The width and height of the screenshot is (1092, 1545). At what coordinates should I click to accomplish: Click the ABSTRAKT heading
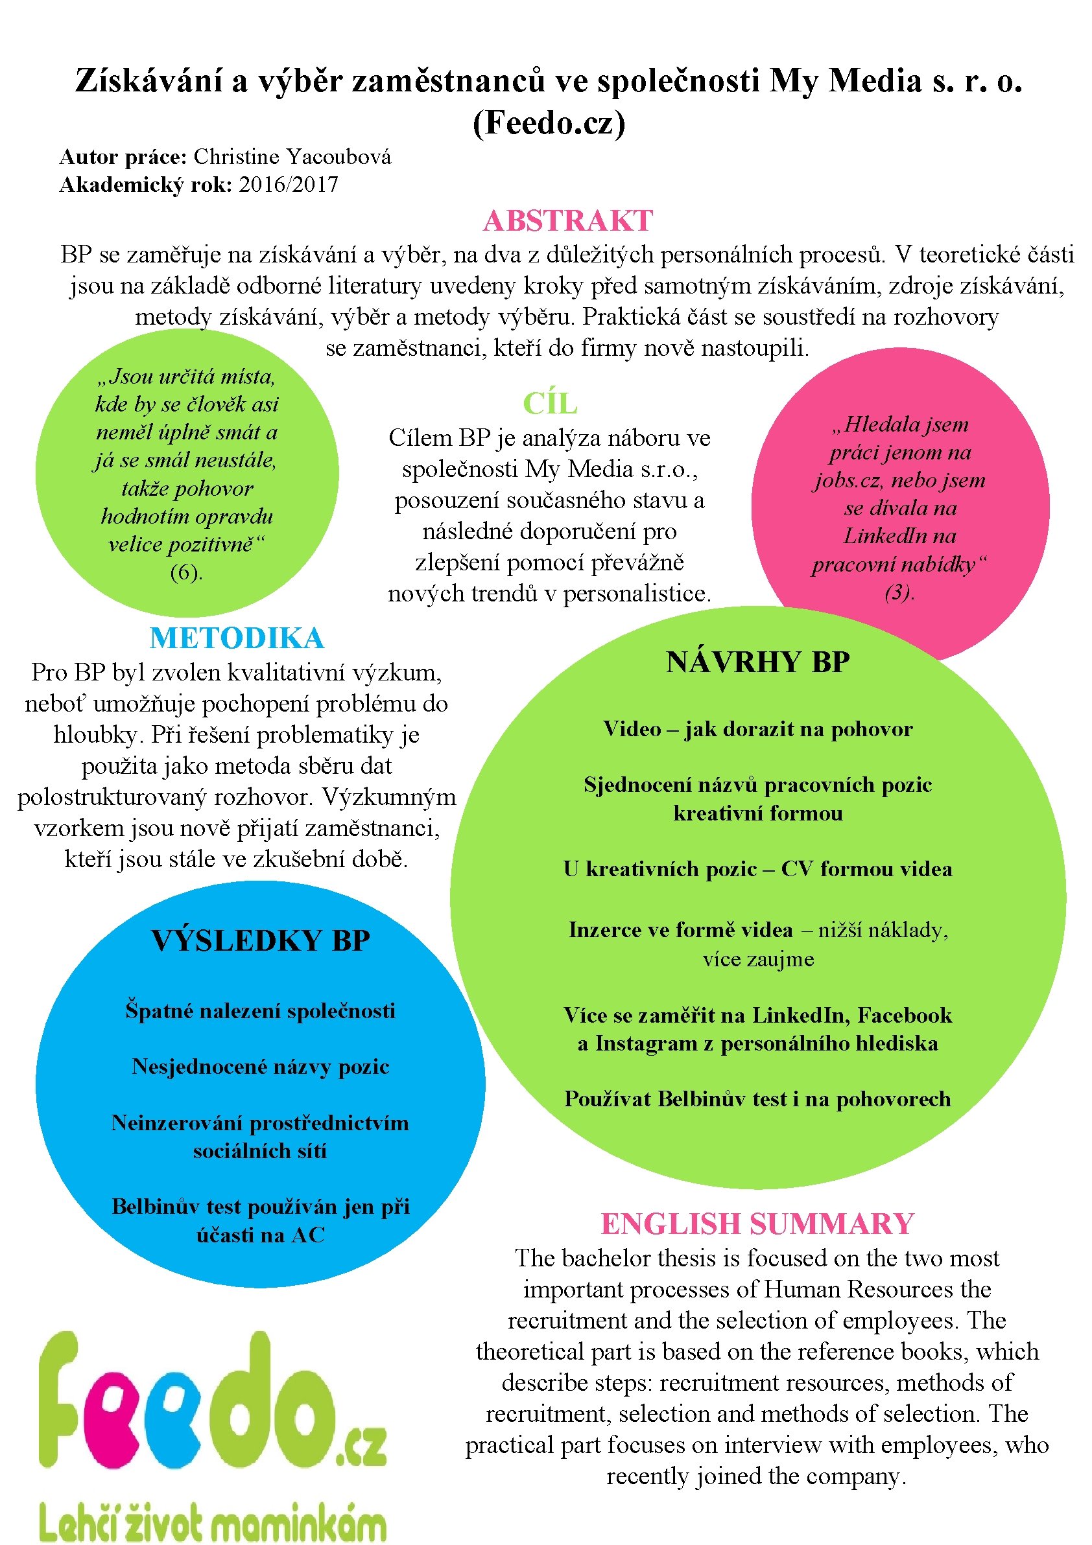[x=567, y=221]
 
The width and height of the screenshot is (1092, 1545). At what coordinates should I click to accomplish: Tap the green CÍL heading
[x=550, y=404]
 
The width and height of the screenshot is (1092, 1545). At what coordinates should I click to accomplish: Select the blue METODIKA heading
[x=237, y=638]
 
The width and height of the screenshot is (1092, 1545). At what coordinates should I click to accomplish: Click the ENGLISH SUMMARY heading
[x=757, y=1224]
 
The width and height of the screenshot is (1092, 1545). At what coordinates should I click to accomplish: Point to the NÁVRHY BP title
[x=757, y=662]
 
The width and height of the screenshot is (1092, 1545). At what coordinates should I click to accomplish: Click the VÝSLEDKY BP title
[x=261, y=941]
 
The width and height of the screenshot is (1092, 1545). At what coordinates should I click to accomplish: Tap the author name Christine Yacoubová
[x=292, y=157]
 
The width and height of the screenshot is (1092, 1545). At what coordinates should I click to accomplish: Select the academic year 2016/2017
[x=288, y=185]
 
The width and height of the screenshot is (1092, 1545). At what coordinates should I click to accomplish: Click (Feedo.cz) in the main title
[x=549, y=122]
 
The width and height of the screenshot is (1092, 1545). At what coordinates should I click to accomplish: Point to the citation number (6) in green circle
[x=187, y=572]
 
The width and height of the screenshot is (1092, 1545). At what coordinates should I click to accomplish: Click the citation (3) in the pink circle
[x=899, y=592]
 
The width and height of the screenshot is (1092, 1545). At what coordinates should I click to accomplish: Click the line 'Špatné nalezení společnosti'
[x=261, y=1011]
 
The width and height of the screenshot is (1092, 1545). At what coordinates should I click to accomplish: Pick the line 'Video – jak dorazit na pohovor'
[x=757, y=729]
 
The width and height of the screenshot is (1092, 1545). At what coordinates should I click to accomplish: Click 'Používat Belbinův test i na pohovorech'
[x=757, y=1099]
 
